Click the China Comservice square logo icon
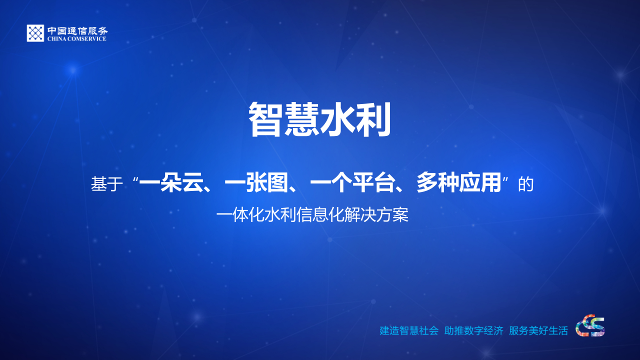[x=35, y=33]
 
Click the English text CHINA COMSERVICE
[x=77, y=38]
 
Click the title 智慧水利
[x=319, y=120]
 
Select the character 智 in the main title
[x=266, y=120]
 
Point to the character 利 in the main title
[x=373, y=120]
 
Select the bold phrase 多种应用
[x=458, y=184]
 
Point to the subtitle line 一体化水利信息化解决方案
[x=312, y=215]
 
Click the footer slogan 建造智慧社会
[x=408, y=330]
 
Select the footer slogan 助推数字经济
[x=473, y=330]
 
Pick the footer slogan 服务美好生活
[x=538, y=330]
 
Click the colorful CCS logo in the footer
[x=590, y=325]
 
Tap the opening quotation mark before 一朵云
[x=135, y=179]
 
